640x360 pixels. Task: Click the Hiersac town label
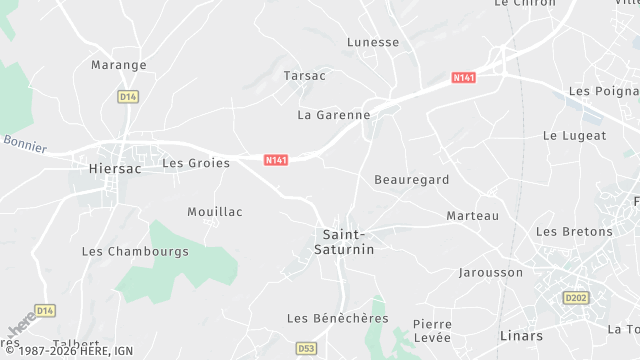[115, 170]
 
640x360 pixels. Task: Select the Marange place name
[119, 65]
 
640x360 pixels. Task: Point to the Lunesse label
[373, 43]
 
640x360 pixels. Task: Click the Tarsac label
[305, 76]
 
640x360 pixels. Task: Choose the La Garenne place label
[334, 115]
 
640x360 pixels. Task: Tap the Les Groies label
[196, 162]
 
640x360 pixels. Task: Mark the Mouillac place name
[215, 212]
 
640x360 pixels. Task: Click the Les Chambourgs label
[135, 252]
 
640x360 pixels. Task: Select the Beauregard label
[412, 180]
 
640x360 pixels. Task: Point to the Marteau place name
[472, 216]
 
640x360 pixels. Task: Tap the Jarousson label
[490, 272]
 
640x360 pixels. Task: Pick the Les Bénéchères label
[337, 318]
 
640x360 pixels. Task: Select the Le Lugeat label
[575, 135]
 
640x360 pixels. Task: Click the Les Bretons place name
[574, 232]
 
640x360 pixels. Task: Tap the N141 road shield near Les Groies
[277, 160]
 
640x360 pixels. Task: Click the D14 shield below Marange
[127, 97]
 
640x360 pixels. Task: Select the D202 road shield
[576, 297]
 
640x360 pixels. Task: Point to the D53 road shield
[306, 348]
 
